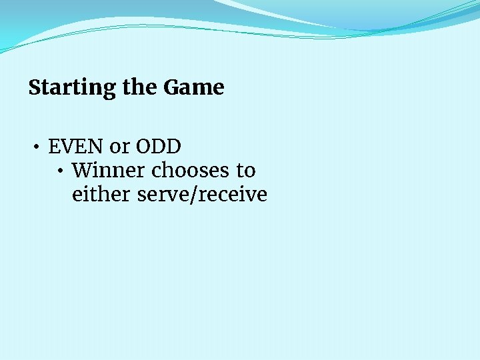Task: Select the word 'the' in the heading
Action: click(141, 87)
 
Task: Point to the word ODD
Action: click(159, 146)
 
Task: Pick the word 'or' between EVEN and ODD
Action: click(121, 147)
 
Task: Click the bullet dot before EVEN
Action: click(39, 147)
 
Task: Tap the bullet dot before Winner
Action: click(61, 171)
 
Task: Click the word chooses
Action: click(191, 171)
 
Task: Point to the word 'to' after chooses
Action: click(245, 171)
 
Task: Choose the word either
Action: click(101, 195)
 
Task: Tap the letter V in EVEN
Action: click(69, 146)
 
